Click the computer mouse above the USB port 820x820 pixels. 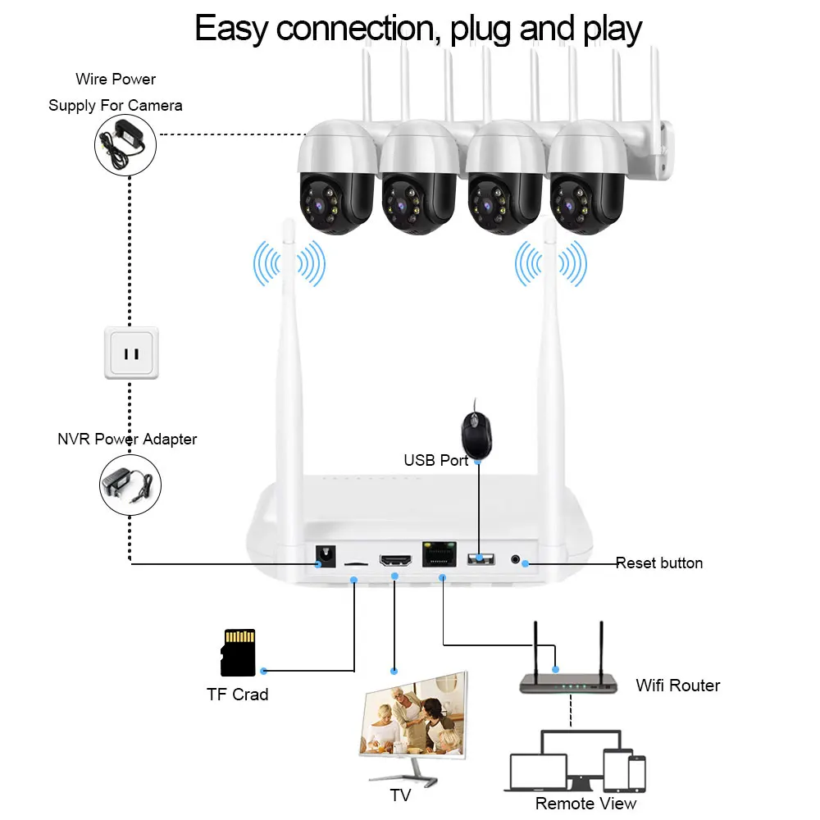point(476,433)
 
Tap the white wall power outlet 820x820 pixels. point(132,353)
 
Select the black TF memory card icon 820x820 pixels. point(239,653)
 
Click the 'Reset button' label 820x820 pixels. point(659,563)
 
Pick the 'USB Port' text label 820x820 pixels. point(436,461)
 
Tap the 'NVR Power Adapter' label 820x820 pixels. point(127,440)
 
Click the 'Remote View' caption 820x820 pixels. point(585,803)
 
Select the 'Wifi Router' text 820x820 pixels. point(678,686)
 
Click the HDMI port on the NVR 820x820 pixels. point(396,562)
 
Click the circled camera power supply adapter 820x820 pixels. point(125,143)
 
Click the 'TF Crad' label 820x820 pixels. point(237,695)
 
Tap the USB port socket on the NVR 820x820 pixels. point(481,559)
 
